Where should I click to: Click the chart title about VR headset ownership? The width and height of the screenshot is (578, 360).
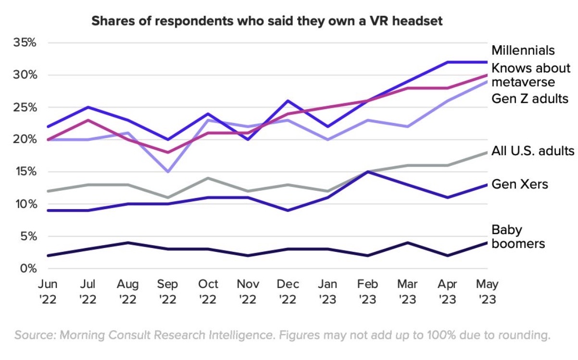coord(266,21)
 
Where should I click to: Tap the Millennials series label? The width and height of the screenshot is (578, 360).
coord(523,50)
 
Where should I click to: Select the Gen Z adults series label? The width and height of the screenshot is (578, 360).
coord(530,99)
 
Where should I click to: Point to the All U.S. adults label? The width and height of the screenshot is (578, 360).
coord(533,151)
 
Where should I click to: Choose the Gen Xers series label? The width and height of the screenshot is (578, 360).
coord(519,184)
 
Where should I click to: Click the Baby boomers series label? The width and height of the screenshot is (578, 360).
coord(518,236)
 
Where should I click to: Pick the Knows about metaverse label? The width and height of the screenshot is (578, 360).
coord(530,74)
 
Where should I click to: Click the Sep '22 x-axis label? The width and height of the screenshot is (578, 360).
coord(168,291)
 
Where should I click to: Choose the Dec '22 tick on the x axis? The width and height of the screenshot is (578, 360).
coord(288,291)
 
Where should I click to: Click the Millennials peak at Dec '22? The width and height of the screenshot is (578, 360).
coord(288,100)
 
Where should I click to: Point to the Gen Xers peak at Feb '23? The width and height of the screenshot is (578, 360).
coord(368,172)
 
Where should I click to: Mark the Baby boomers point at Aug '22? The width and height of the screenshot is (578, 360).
coord(127,242)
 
